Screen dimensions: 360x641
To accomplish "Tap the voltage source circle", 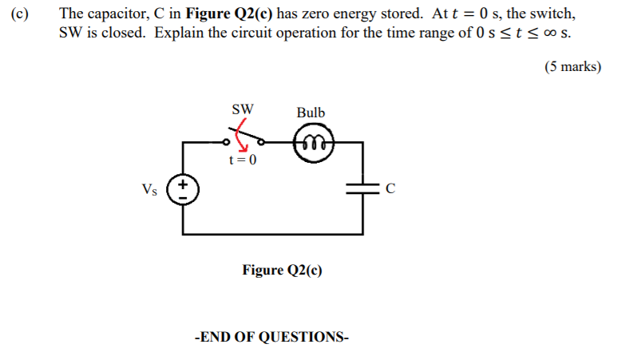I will [x=183, y=189].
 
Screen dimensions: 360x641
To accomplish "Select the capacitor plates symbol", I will [x=363, y=188].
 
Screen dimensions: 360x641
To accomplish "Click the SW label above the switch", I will [x=243, y=108].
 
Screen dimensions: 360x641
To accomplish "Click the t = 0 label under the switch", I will [x=243, y=160].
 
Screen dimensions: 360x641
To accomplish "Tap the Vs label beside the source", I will [x=149, y=189].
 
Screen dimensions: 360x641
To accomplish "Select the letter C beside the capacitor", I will [x=390, y=189].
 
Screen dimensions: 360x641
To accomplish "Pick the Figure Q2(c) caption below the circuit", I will [x=283, y=270].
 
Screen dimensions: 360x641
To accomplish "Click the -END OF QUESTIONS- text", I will [x=271, y=336].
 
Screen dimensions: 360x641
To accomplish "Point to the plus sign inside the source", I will [x=183, y=184].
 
